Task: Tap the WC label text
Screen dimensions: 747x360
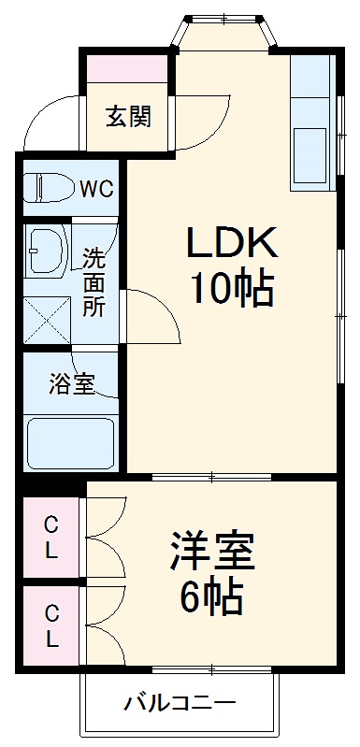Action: (x=96, y=188)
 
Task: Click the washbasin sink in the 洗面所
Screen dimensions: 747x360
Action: (x=44, y=251)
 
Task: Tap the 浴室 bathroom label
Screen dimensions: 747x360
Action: (x=71, y=384)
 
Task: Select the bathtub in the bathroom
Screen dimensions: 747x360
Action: (x=70, y=442)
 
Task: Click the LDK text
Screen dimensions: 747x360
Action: (x=232, y=245)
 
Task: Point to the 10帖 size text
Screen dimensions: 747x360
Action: (x=232, y=290)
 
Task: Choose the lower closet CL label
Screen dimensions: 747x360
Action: (x=50, y=629)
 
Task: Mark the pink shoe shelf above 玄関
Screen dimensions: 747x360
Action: (x=128, y=68)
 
